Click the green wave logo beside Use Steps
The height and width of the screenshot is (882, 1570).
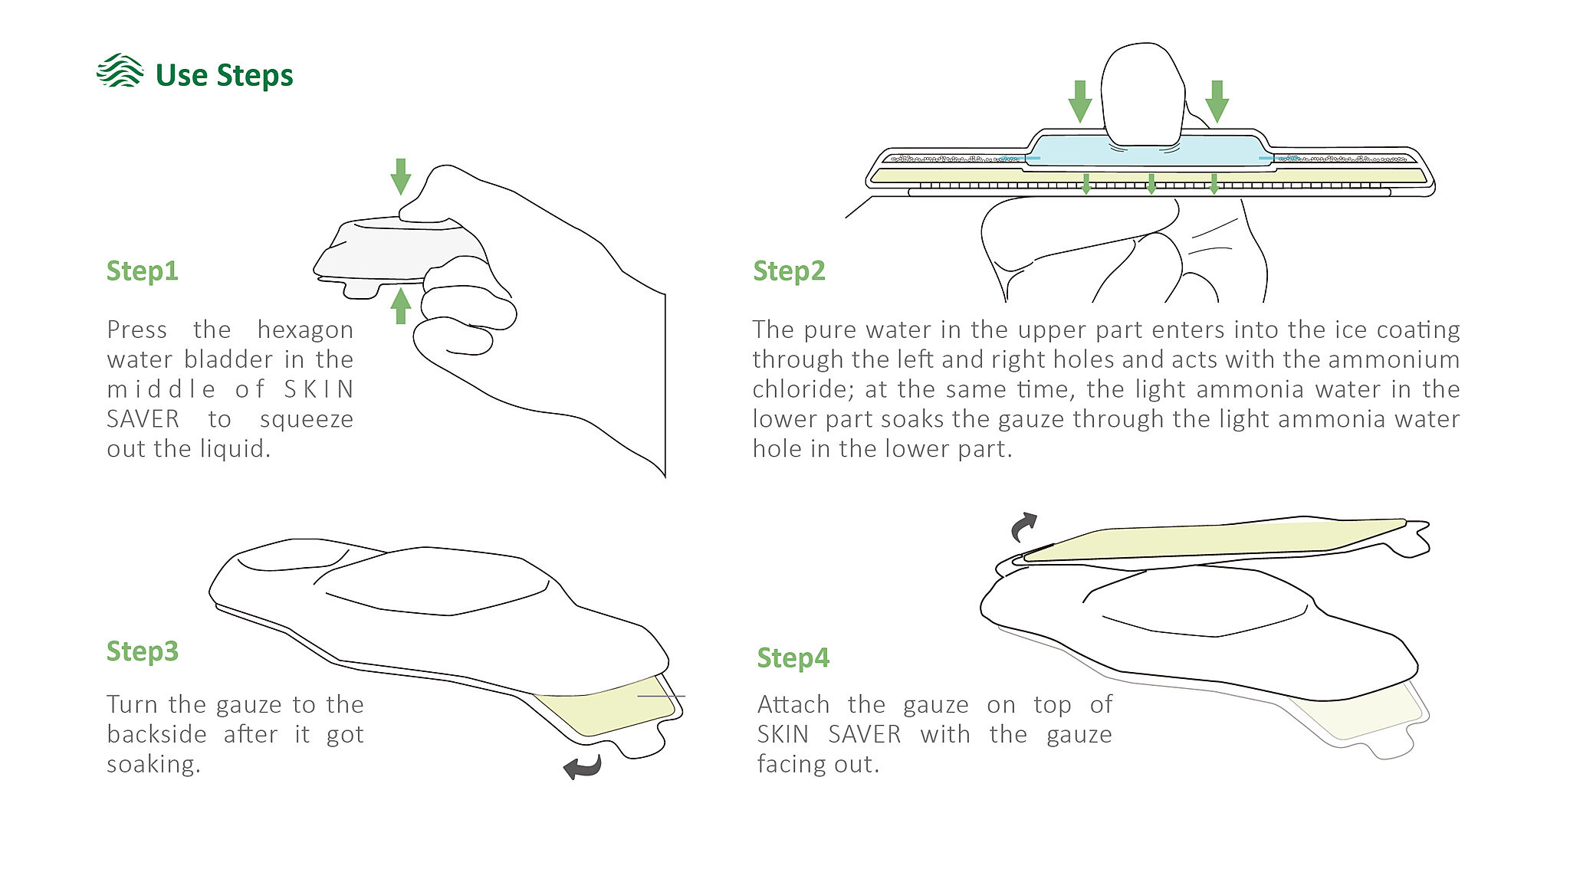[x=120, y=71]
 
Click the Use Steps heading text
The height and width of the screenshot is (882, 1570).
[x=224, y=75]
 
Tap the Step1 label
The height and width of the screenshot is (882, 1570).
[x=143, y=271]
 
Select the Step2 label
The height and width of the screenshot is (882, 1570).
[x=789, y=271]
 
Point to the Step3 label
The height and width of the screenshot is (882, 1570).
[x=143, y=651]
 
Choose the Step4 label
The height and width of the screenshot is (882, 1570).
[x=793, y=658]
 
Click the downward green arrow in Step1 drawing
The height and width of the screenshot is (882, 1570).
[x=400, y=176]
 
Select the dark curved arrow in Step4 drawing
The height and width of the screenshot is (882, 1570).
[x=1023, y=526]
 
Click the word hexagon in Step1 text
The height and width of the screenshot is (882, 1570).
[x=305, y=330]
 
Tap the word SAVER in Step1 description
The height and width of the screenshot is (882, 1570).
[x=143, y=419]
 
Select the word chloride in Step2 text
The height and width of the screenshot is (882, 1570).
[x=801, y=389]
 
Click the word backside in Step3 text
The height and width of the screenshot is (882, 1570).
[x=156, y=734]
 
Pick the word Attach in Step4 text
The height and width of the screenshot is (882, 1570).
[x=793, y=704]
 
